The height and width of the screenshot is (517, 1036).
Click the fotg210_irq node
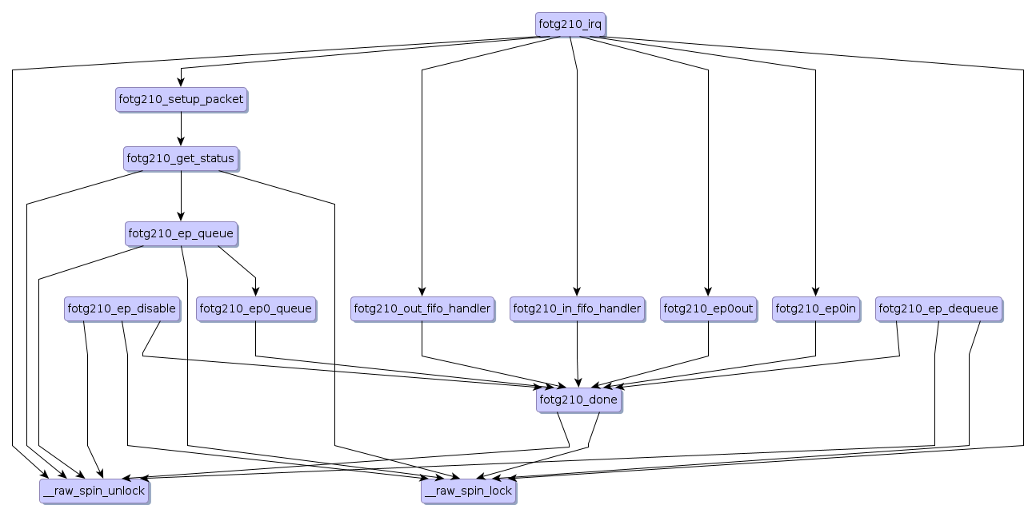(x=570, y=24)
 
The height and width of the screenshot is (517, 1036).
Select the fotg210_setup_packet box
(x=181, y=99)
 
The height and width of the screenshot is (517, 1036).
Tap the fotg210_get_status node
(x=181, y=158)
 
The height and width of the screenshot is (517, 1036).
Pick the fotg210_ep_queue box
(x=181, y=233)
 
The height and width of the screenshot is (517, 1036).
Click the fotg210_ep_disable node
(x=122, y=308)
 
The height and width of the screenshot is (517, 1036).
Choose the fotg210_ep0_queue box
(x=255, y=308)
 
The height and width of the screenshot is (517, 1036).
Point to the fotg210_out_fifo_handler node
(x=422, y=308)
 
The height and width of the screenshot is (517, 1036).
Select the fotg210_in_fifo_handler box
(x=577, y=308)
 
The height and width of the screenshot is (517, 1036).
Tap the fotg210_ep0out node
(x=708, y=308)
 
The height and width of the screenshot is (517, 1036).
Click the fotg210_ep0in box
(x=815, y=308)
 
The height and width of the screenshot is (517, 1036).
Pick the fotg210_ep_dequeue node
(x=938, y=308)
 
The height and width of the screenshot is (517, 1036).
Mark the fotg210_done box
(x=578, y=400)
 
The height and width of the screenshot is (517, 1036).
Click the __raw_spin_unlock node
(x=94, y=491)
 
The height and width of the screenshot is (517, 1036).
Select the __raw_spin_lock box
(x=468, y=491)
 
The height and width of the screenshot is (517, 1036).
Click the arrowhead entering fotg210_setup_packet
(x=181, y=83)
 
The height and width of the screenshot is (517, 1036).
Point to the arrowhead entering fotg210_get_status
(x=181, y=142)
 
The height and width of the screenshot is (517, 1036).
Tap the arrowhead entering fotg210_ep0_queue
(x=255, y=292)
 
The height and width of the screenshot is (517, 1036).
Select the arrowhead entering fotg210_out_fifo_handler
(x=422, y=292)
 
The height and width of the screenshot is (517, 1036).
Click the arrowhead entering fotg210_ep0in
(x=815, y=292)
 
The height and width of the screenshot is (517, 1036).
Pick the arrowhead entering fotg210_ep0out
(x=708, y=292)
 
